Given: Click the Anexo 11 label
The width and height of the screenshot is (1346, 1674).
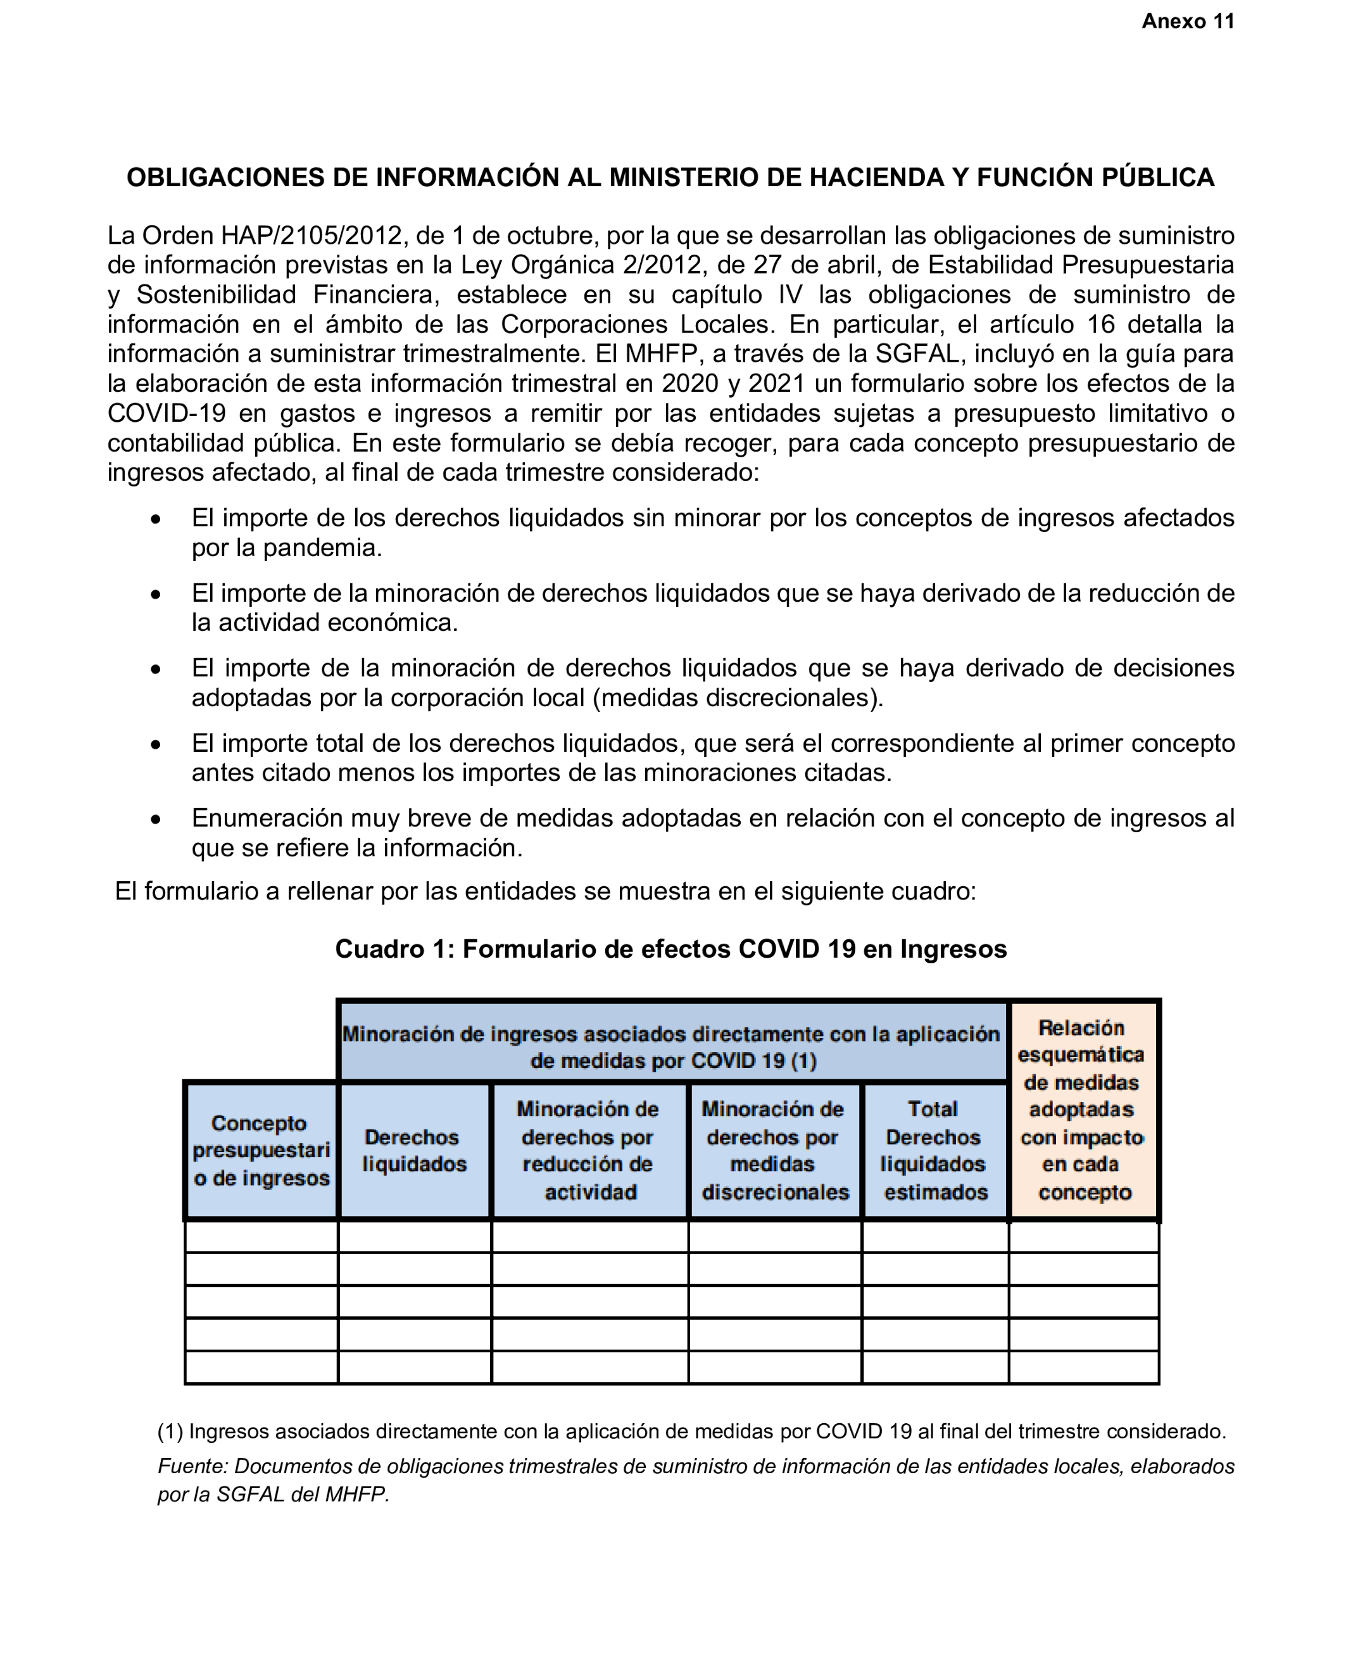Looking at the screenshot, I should [x=1187, y=22].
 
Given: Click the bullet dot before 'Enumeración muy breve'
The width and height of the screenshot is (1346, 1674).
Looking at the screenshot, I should [x=156, y=819].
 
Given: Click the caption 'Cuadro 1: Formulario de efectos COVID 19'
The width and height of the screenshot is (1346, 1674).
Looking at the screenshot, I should [x=670, y=949].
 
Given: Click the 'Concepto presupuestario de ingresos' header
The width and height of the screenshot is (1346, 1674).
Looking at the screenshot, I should [x=261, y=1150].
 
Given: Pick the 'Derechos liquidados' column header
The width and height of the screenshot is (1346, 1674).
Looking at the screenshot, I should [x=413, y=1150].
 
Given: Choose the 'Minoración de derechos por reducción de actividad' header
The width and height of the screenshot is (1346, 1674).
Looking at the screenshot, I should [x=588, y=1150].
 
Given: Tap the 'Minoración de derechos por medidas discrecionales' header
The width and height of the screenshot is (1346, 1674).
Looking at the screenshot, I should [x=774, y=1150].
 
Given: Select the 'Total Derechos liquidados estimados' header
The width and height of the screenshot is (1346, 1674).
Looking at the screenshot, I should [x=934, y=1150].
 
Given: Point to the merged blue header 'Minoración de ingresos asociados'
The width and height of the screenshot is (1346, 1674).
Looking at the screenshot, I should [x=672, y=1046].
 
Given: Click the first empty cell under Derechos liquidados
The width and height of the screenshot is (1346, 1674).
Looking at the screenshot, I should [x=413, y=1236].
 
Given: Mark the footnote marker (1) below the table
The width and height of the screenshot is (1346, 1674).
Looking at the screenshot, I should [x=170, y=1431].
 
